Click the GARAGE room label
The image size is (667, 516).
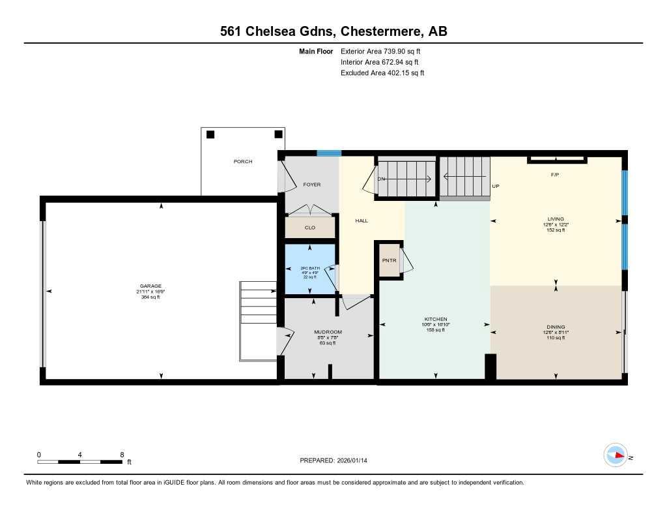tap(150, 286)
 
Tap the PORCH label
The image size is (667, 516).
tap(243, 161)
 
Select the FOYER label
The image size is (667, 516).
tap(312, 185)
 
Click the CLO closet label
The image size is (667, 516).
tap(310, 228)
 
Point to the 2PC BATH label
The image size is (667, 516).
tap(309, 267)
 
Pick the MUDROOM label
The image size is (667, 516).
tap(328, 332)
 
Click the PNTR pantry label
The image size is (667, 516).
tap(390, 260)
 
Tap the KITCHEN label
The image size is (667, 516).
tap(434, 319)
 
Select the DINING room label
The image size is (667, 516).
tap(556, 327)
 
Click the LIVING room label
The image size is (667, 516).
tap(556, 219)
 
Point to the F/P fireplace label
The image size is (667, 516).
tap(556, 175)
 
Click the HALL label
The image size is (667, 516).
tap(362, 220)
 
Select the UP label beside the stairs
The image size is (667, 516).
tap(495, 186)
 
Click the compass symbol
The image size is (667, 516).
tap(615, 455)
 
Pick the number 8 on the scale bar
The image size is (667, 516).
tap(122, 454)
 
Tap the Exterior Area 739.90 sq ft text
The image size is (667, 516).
tap(385, 51)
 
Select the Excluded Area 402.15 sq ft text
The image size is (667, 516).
tap(382, 73)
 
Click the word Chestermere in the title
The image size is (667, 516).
tap(372, 31)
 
